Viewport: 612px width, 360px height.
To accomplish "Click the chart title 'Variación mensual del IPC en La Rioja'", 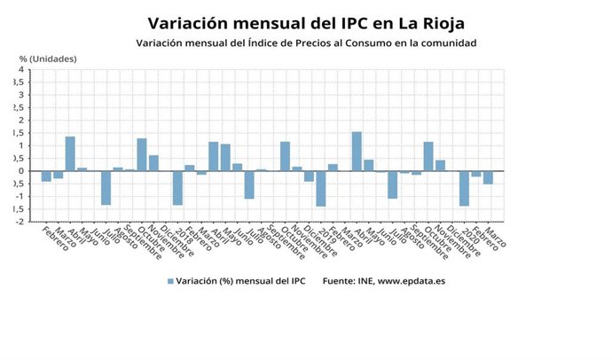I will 305,22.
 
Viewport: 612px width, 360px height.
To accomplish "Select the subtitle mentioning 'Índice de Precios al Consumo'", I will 306,43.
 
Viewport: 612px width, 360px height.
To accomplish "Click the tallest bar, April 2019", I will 357,152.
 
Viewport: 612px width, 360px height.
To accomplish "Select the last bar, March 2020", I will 488,177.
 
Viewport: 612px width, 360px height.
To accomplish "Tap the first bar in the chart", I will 46,176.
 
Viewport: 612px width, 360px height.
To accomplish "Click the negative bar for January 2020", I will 464,188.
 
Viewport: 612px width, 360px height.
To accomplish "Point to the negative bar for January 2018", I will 177,188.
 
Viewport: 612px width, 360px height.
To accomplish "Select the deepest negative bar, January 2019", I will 321,189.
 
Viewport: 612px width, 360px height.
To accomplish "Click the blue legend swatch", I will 169,281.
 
